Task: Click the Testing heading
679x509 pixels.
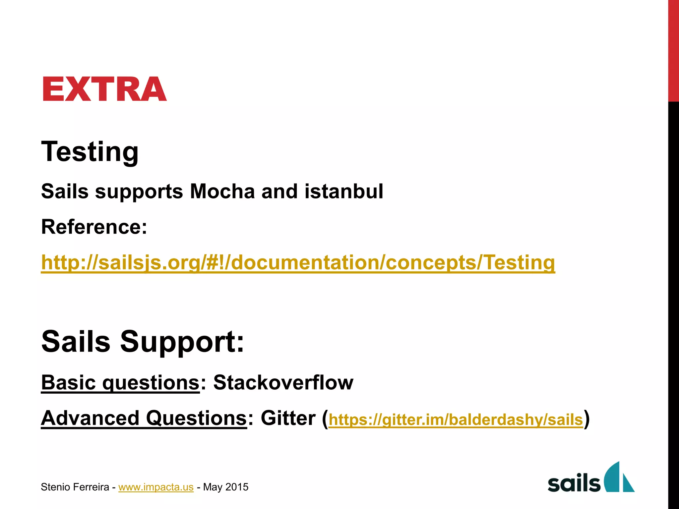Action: [x=90, y=151]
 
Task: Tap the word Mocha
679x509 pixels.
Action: [x=222, y=192]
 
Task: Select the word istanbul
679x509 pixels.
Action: [x=344, y=192]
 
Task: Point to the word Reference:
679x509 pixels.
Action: [x=94, y=227]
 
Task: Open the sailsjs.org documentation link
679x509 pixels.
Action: [x=298, y=262]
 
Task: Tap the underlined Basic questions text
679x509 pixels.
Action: [x=120, y=382]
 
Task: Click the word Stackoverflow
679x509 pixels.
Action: [x=283, y=382]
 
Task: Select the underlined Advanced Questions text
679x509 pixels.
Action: [x=144, y=418]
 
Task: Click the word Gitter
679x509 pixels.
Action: [x=288, y=418]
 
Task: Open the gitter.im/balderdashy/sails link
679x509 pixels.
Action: [x=456, y=420]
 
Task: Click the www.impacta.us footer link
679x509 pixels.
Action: [x=156, y=487]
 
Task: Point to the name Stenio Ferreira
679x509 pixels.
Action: [x=75, y=487]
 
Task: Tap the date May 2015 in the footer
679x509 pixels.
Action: [x=226, y=487]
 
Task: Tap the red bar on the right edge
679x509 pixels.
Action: [x=673, y=50]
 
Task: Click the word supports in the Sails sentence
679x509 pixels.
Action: [x=139, y=192]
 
